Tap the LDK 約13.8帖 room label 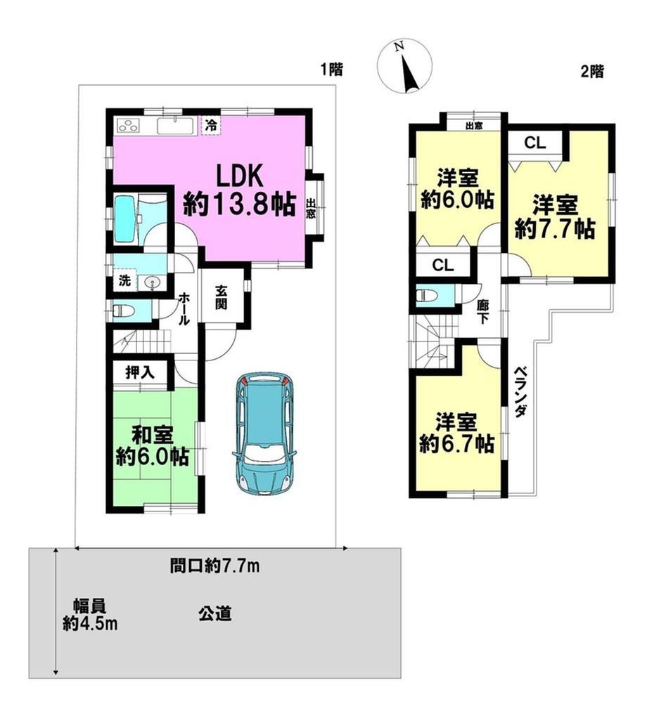pyautogui.click(x=239, y=190)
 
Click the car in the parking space pyautogui.click(x=264, y=433)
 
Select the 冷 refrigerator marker pyautogui.click(x=211, y=125)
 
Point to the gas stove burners pyautogui.click(x=129, y=125)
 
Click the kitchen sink pyautogui.click(x=176, y=126)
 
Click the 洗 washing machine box pyautogui.click(x=124, y=281)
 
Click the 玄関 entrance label pyautogui.click(x=221, y=297)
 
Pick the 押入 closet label pyautogui.click(x=140, y=373)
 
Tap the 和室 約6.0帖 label pyautogui.click(x=152, y=446)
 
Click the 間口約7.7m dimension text pyautogui.click(x=214, y=566)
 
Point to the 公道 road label pyautogui.click(x=214, y=614)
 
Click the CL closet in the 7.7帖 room pyautogui.click(x=535, y=143)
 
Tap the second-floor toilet pyautogui.click(x=426, y=296)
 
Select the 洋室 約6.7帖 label pyautogui.click(x=456, y=433)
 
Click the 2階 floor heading pyautogui.click(x=593, y=72)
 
